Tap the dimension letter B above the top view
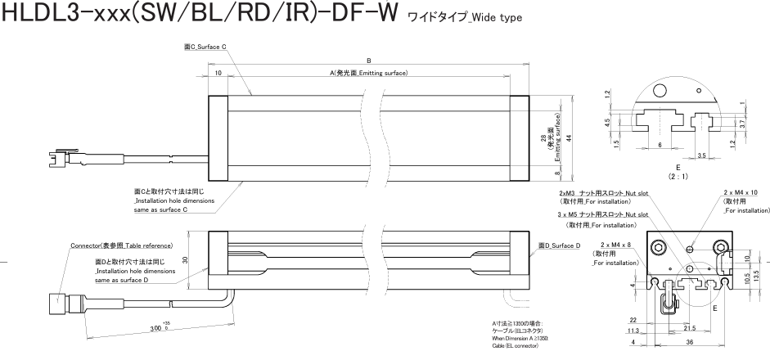click(369, 60)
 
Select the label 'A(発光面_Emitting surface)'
click(369, 74)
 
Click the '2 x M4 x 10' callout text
click(741, 192)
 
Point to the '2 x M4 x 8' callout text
click(615, 245)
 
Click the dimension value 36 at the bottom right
click(689, 342)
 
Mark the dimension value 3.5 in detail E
click(703, 154)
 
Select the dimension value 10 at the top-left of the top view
click(218, 74)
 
